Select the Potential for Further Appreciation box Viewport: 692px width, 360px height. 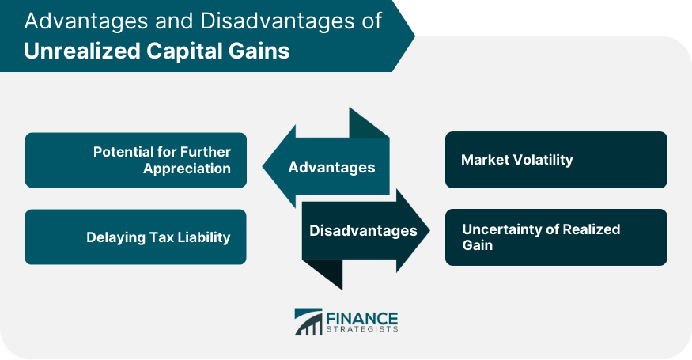136,160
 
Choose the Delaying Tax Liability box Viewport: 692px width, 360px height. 136,237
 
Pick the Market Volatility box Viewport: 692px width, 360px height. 556,160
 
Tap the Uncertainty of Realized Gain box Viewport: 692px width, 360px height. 556,237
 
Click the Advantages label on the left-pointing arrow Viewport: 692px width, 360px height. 331,167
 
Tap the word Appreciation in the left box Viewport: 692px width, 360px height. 187,169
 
